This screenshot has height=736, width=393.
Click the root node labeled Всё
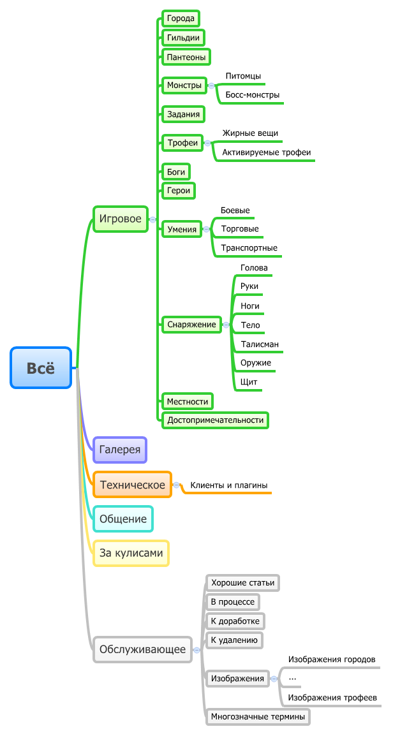pos(41,368)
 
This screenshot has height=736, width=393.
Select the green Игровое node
pos(120,219)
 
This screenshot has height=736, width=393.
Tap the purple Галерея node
pos(120,450)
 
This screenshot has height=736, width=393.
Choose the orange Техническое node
pos(132,485)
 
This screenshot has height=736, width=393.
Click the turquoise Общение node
pos(123,519)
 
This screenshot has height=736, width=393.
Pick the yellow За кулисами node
pos(131,553)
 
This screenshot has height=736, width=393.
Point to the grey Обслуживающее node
pos(142,650)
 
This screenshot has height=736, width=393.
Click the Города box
pos(181,18)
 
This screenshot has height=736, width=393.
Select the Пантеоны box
pos(186,57)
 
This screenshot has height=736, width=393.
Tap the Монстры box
pos(184,85)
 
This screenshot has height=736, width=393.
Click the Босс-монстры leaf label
pos(252,95)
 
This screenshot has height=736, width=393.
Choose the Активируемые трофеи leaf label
pos(266,152)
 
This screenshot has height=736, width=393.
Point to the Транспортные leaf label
pos(249,248)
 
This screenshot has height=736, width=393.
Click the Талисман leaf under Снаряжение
pos(260,344)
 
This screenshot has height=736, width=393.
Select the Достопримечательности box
pos(215,420)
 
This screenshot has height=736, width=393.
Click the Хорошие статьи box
pos(243,582)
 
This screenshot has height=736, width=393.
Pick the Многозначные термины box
pos(258,717)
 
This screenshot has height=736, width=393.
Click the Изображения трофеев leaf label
pos(332,698)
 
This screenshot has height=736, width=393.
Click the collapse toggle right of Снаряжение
pos(226,325)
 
